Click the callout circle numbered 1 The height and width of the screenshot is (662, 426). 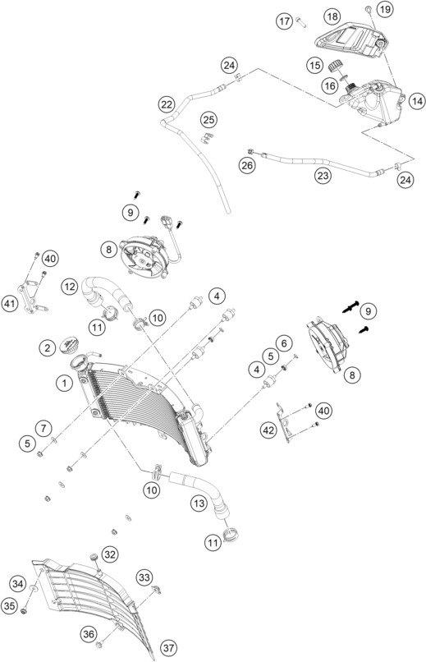pos(64,384)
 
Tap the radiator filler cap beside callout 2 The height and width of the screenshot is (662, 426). pos(69,345)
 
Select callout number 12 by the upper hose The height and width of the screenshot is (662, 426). pos(70,287)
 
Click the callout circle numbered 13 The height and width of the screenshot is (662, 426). pos(199,503)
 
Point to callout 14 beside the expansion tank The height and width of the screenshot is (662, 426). pos(417,101)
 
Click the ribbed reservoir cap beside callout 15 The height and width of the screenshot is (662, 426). pos(337,67)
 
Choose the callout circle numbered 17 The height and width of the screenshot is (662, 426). pos(285,21)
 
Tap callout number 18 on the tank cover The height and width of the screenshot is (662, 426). pos(332,16)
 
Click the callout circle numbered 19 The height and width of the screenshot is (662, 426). pos(384,9)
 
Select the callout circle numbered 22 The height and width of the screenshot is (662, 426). pos(167,103)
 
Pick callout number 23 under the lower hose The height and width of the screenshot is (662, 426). pos(323,175)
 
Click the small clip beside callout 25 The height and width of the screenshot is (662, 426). pos(206,138)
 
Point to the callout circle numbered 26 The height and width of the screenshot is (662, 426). pos(247,165)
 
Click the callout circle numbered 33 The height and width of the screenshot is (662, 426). pos(144,577)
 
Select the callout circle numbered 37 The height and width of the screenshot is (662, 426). pos(168,647)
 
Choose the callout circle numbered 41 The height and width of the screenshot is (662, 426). pos(9,304)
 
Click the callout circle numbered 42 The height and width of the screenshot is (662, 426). pos(268,430)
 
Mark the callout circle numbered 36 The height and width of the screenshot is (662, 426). pos(89,634)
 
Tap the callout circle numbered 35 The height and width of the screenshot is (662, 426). pos(9,606)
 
